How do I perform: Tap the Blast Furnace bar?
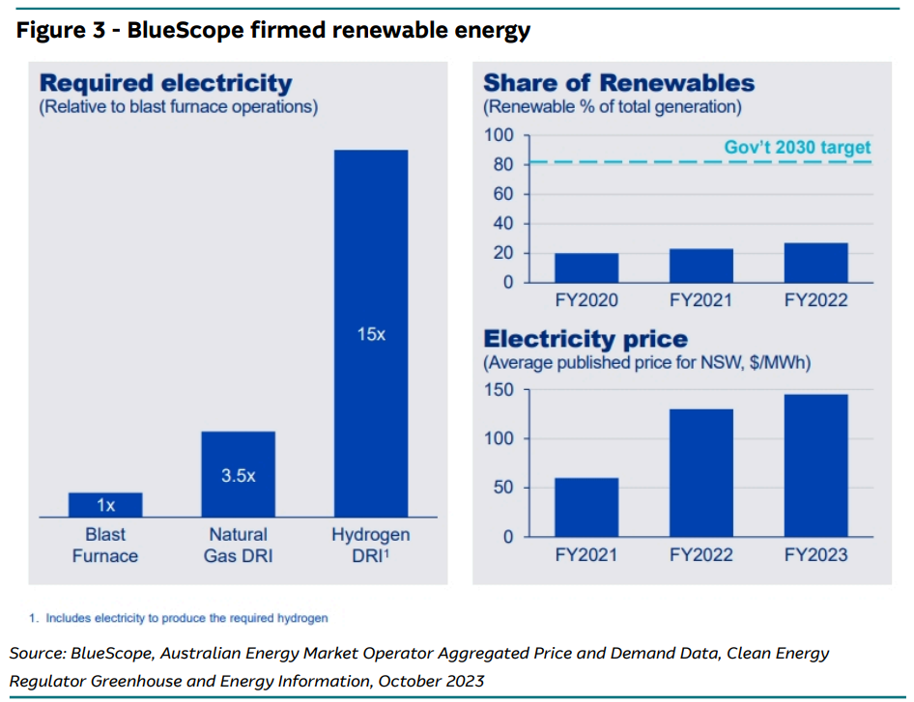[x=105, y=505]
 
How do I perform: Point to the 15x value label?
[x=371, y=335]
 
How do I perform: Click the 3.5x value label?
[x=238, y=476]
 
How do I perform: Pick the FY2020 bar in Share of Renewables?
[x=586, y=267]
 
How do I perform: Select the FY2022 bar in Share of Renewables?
[x=815, y=263]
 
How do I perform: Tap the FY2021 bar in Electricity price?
[x=586, y=507]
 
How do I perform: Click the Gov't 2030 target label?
[x=797, y=148]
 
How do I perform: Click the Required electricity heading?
[x=165, y=83]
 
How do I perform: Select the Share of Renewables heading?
[x=619, y=83]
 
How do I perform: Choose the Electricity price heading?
[x=586, y=339]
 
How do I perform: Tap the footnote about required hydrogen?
[x=186, y=617]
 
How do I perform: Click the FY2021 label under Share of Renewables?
[x=701, y=300]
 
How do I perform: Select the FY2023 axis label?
[x=815, y=555]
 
